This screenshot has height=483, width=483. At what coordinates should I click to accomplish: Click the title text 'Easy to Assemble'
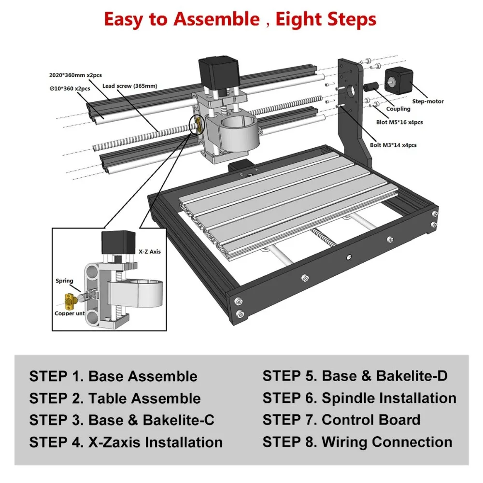182,19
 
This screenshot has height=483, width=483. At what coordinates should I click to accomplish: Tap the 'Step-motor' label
427,101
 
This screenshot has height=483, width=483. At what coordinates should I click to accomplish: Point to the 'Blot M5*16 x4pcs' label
399,122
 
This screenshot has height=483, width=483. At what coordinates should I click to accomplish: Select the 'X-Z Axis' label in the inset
151,252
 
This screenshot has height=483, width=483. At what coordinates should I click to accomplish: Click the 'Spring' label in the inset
64,281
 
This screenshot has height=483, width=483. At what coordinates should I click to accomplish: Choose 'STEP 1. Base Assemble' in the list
113,376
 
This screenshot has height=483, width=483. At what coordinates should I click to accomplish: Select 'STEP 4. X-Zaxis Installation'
126,442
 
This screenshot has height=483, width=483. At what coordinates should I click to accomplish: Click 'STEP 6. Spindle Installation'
359,398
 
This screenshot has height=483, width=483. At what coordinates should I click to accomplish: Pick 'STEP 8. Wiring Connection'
357,442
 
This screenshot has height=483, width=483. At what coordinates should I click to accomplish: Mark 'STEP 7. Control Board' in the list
341,420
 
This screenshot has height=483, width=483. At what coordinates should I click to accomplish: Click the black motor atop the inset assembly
117,245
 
